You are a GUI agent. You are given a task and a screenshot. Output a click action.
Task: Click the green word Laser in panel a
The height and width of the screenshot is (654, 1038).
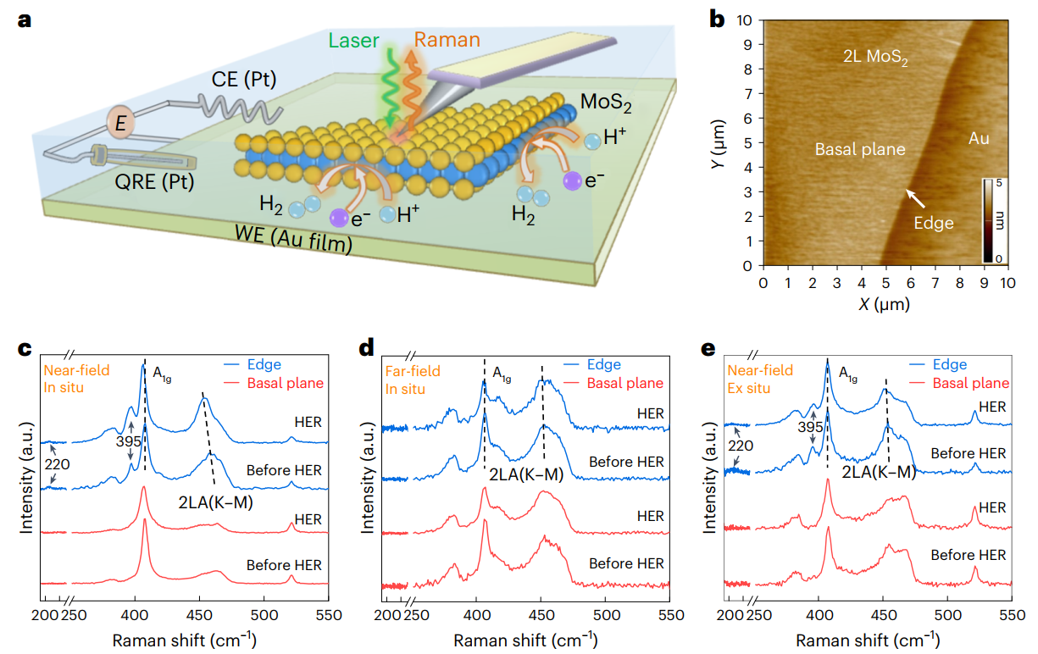pyautogui.click(x=355, y=41)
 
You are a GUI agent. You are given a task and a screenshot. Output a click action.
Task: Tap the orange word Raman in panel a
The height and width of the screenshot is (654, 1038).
pyautogui.click(x=447, y=40)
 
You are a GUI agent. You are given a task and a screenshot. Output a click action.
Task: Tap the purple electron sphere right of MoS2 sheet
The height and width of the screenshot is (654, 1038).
pyautogui.click(x=573, y=180)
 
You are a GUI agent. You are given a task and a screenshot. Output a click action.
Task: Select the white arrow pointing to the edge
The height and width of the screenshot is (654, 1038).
pyautogui.click(x=914, y=198)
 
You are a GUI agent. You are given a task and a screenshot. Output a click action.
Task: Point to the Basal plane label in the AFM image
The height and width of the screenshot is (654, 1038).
pyautogui.click(x=860, y=150)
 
